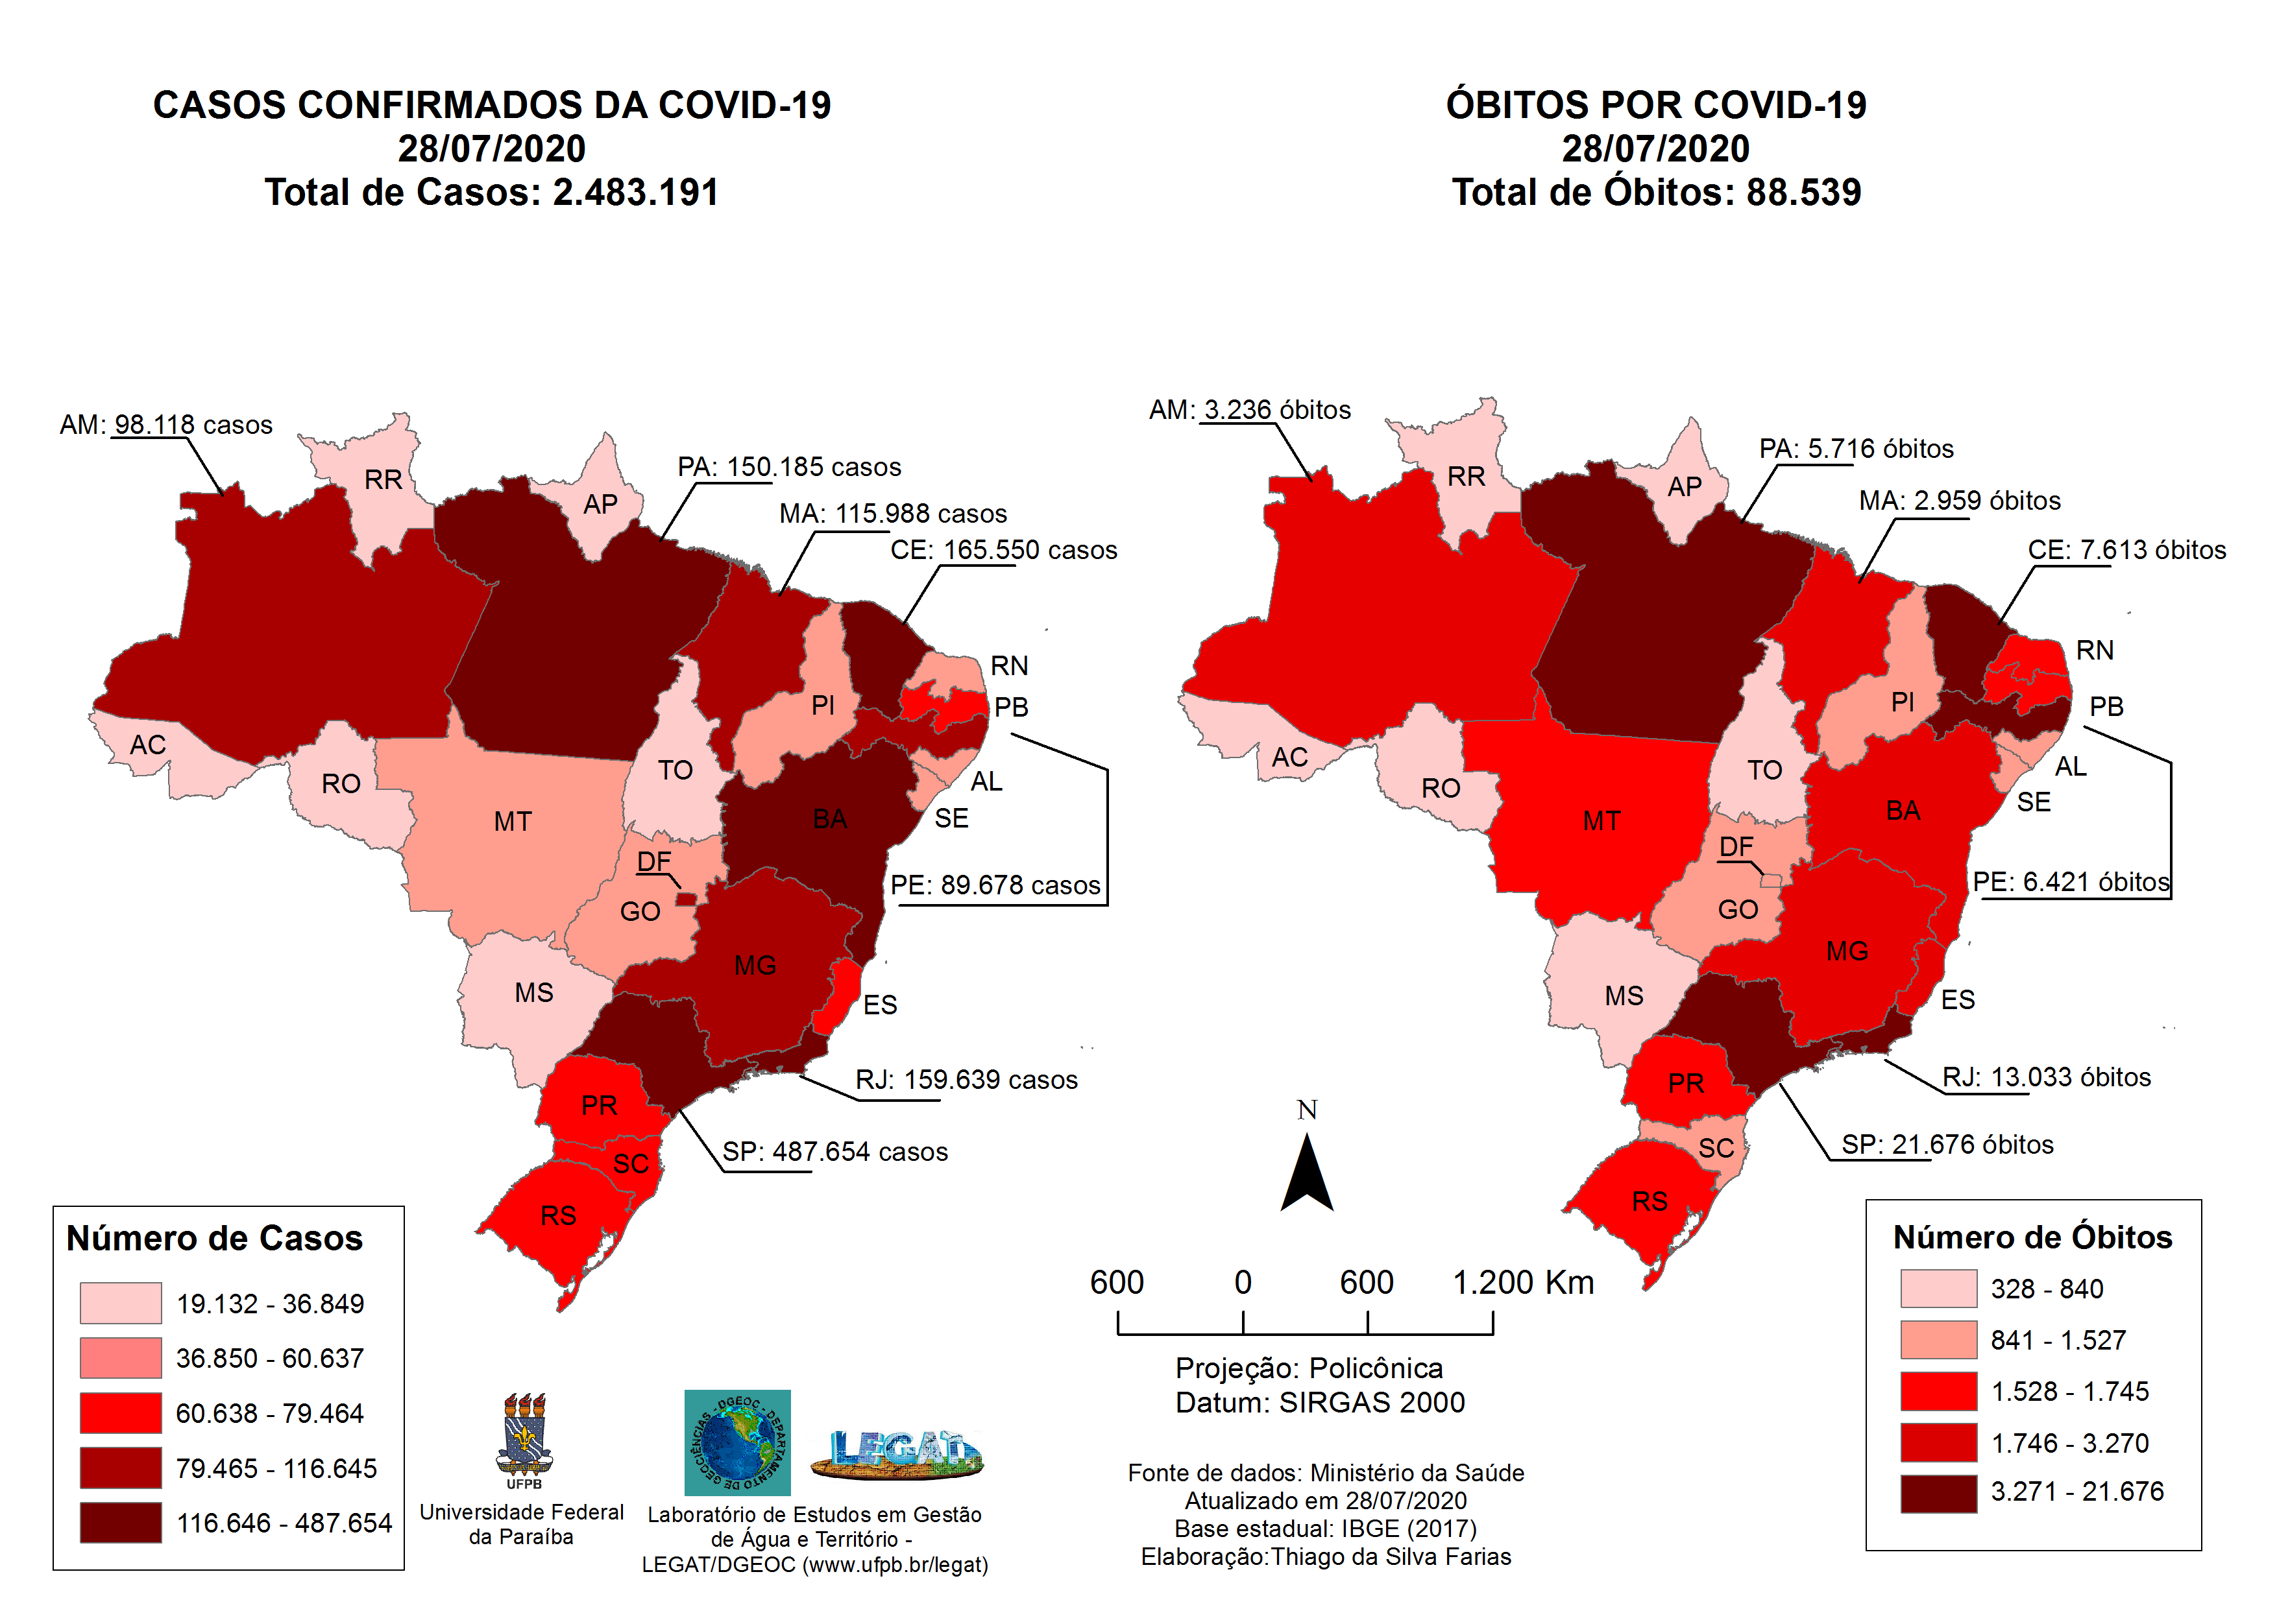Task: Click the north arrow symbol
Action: click(1306, 1174)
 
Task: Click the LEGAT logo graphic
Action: click(897, 1452)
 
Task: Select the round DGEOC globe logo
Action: click(737, 1442)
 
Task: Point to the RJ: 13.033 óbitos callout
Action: click(2046, 1078)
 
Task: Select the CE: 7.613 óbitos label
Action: click(2126, 550)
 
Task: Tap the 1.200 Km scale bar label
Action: click(1522, 1283)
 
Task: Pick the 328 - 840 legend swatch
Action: click(1938, 1289)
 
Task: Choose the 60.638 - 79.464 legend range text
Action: click(270, 1414)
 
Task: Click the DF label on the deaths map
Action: click(1736, 846)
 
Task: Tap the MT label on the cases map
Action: click(513, 822)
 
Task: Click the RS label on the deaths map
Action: click(1650, 1202)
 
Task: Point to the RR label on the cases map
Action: click(383, 480)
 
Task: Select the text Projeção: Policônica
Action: click(1309, 1368)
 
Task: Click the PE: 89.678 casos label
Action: click(995, 885)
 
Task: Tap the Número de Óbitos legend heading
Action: click(2032, 1237)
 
